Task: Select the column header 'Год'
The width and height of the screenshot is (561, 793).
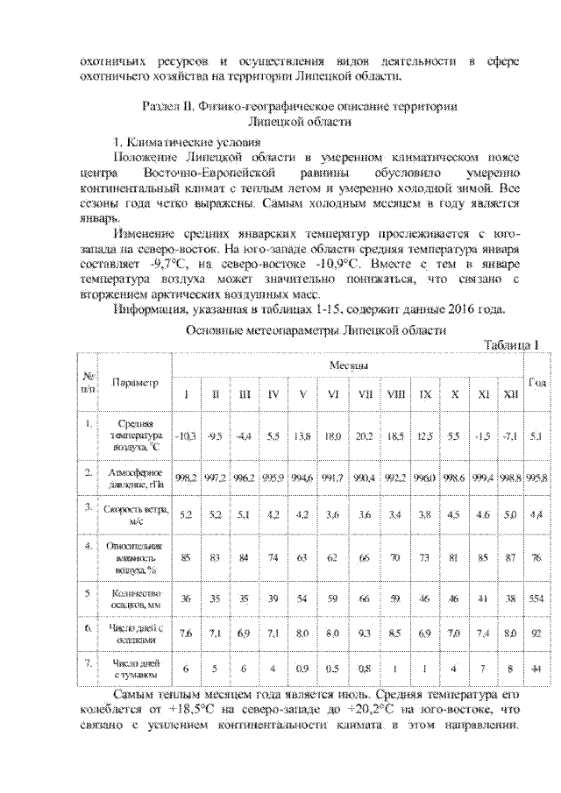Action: click(x=536, y=380)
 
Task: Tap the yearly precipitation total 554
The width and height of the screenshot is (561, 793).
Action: click(x=536, y=598)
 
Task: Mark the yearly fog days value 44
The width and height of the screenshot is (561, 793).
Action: click(x=536, y=669)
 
